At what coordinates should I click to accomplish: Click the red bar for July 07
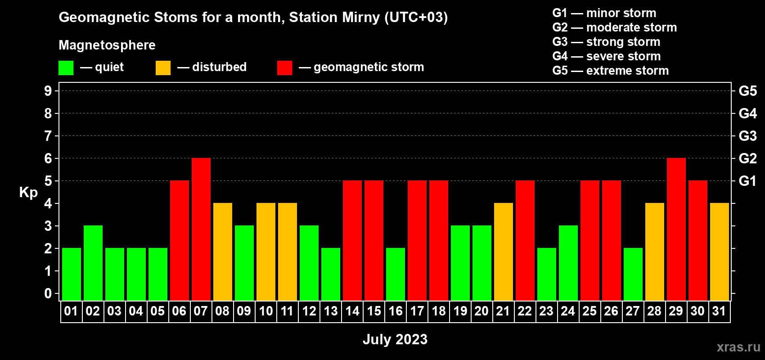tap(201, 229)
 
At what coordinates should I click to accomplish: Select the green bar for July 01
tap(72, 274)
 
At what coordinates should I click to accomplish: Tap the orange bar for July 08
tap(223, 252)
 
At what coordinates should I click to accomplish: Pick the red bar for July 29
tap(676, 229)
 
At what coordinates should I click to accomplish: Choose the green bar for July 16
tap(396, 274)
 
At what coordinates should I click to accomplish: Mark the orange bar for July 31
tap(720, 252)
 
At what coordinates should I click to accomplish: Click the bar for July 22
tap(525, 240)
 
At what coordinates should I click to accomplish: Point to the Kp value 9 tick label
tap(48, 91)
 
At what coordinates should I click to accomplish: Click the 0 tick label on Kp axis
tap(48, 293)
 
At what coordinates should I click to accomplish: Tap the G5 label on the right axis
tap(748, 91)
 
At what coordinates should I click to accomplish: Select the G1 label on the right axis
tap(747, 181)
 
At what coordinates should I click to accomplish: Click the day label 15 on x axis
tap(374, 311)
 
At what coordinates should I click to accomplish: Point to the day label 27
tap(633, 311)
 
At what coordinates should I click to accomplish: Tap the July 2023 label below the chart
tap(395, 339)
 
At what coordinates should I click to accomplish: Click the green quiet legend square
tap(66, 68)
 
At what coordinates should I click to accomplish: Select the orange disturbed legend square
tap(163, 68)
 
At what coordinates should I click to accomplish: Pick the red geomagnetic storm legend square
tap(285, 68)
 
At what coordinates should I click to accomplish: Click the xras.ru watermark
tap(738, 347)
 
